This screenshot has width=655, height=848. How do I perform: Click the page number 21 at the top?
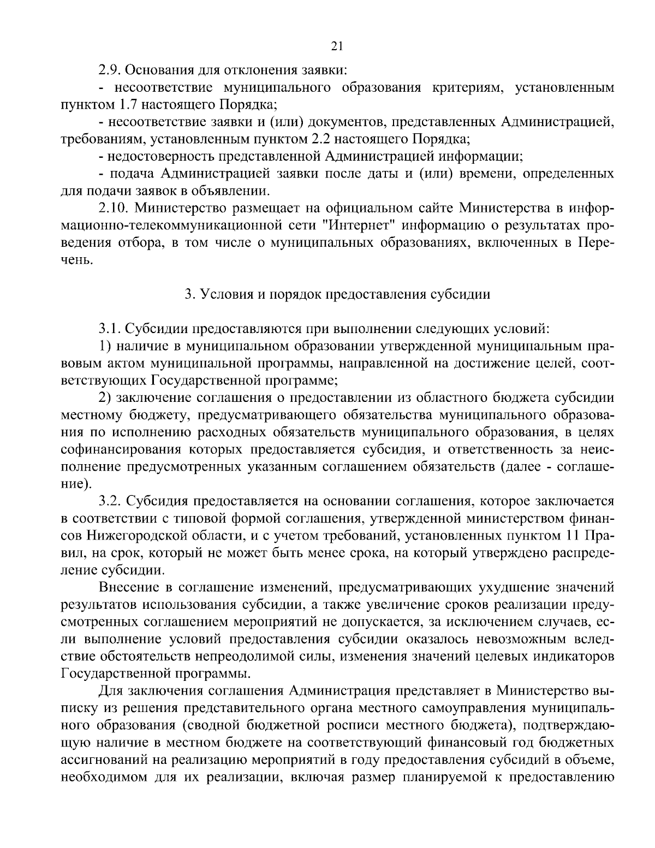coord(337,47)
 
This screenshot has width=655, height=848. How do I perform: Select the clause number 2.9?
coord(110,70)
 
